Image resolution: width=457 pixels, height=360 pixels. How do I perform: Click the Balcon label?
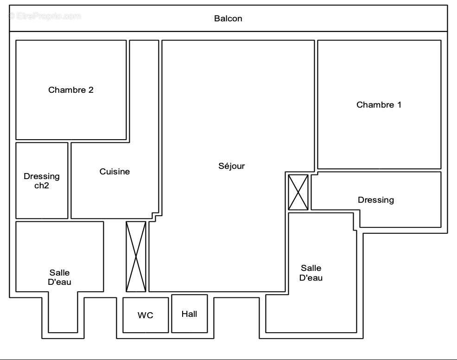(x=228, y=19)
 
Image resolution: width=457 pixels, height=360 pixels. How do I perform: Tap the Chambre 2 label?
(x=71, y=90)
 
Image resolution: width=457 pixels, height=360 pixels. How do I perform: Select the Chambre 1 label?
(x=379, y=105)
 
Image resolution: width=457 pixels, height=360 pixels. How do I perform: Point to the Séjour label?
(x=231, y=166)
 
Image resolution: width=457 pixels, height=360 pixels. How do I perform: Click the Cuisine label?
(x=114, y=172)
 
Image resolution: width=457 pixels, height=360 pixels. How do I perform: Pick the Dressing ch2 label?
(x=42, y=181)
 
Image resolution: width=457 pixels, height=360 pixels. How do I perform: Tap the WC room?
(x=145, y=315)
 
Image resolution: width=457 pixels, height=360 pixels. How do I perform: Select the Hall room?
(x=189, y=314)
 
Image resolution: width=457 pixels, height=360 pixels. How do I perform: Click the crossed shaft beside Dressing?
(x=298, y=192)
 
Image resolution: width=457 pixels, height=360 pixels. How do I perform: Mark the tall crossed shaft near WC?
(x=136, y=257)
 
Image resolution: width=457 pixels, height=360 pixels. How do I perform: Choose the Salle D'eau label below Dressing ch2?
(x=59, y=277)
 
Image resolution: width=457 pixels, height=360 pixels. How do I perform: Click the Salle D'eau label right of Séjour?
(x=311, y=273)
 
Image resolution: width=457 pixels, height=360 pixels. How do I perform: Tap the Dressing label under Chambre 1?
(x=376, y=200)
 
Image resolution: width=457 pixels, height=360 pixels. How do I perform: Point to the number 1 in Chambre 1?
(x=399, y=105)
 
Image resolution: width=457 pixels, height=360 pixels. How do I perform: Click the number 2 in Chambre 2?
(x=91, y=90)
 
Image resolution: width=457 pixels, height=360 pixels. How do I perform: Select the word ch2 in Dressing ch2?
(x=42, y=186)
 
